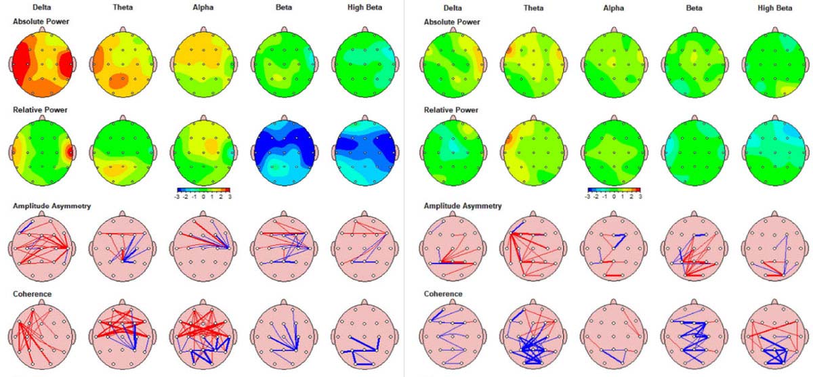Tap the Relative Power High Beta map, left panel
pyautogui.click(x=365, y=150)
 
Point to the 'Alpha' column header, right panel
pyautogui.click(x=613, y=8)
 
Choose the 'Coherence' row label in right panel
pyautogui.click(x=443, y=294)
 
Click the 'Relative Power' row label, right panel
pyautogui.click(x=451, y=110)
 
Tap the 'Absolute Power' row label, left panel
pyautogui.click(x=41, y=22)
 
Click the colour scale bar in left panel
pyautogui.click(x=203, y=190)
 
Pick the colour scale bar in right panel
pyautogui.click(x=613, y=190)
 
